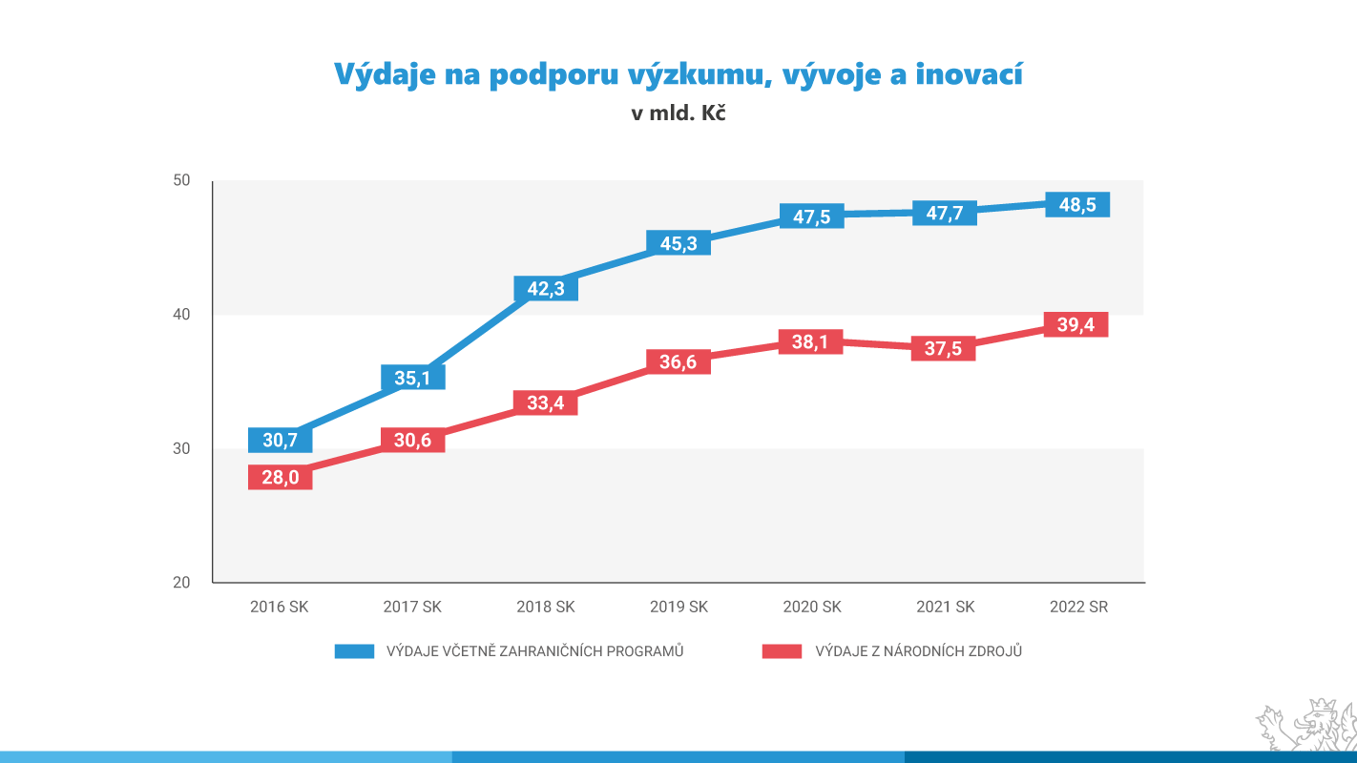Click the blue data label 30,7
pyautogui.click(x=280, y=440)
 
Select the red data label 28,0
pyautogui.click(x=280, y=478)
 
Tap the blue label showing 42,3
pyautogui.click(x=546, y=288)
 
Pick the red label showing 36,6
pyautogui.click(x=678, y=361)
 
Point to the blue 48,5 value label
pyautogui.click(x=1077, y=205)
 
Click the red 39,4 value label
pyautogui.click(x=1075, y=325)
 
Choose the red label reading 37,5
pyautogui.click(x=944, y=348)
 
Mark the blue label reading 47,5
pyautogui.click(x=811, y=217)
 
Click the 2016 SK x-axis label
pyautogui.click(x=280, y=607)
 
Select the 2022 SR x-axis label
pyautogui.click(x=1078, y=607)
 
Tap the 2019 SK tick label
pyautogui.click(x=678, y=607)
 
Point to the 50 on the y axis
pyautogui.click(x=182, y=181)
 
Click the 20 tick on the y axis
pyautogui.click(x=182, y=583)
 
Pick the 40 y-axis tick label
pyautogui.click(x=182, y=315)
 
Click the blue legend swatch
pyautogui.click(x=353, y=651)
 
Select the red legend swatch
pyautogui.click(x=781, y=651)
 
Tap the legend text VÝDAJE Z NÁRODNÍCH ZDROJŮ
pyautogui.click(x=918, y=651)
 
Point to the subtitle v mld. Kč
pyautogui.click(x=678, y=113)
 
